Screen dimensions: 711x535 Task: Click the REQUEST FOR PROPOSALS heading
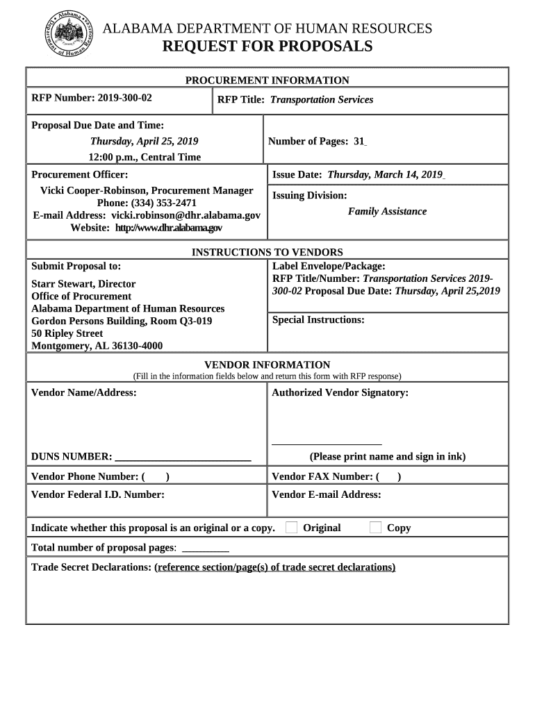click(267, 47)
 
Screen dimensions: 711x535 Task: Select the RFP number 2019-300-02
click(124, 98)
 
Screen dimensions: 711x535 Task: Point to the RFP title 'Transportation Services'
click(321, 100)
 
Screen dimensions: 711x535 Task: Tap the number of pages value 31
click(359, 142)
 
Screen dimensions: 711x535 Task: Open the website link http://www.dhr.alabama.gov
click(168, 228)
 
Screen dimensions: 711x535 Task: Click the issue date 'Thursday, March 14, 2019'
click(385, 175)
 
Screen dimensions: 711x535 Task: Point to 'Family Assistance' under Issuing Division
click(387, 212)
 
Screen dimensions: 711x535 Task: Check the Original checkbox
click(292, 528)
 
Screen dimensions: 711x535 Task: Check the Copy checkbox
click(375, 528)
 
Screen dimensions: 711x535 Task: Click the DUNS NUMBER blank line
click(183, 458)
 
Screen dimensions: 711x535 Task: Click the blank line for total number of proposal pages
click(205, 549)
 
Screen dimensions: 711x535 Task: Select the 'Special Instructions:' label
click(318, 320)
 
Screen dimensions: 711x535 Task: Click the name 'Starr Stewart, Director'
click(83, 284)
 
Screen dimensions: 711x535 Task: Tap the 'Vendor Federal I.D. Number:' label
click(98, 495)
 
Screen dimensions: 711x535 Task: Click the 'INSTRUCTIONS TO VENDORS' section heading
click(267, 253)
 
